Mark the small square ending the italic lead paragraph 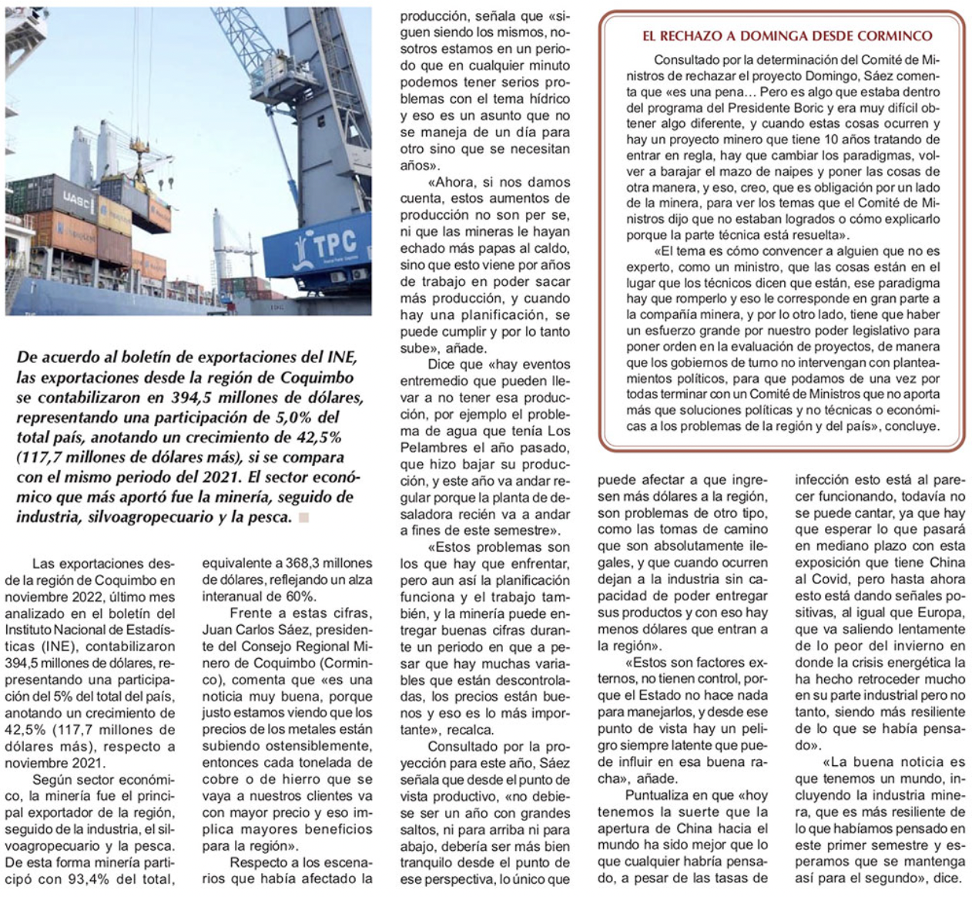coord(303,517)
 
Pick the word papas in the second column coord(498,248)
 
